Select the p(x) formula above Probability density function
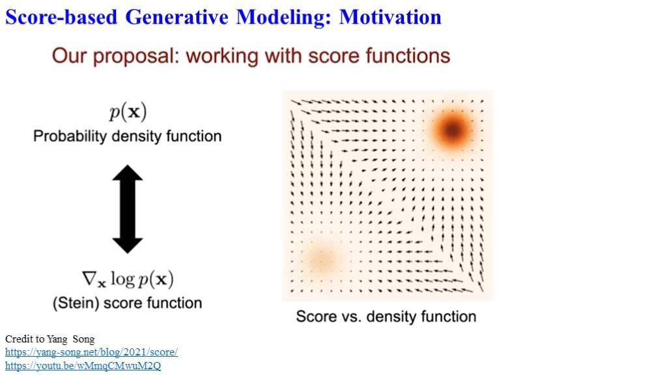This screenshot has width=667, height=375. pos(128,112)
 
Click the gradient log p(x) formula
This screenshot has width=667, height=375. pos(128,279)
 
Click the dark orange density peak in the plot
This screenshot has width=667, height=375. pos(452,130)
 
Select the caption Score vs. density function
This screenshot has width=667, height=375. pos(386,317)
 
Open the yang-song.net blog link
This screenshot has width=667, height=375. pos(91,352)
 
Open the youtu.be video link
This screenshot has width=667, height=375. pos(83,366)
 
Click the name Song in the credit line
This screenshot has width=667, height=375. pos(83,339)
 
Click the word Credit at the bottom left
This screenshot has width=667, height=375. pos(18,339)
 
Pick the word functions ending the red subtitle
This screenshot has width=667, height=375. pos(407,56)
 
